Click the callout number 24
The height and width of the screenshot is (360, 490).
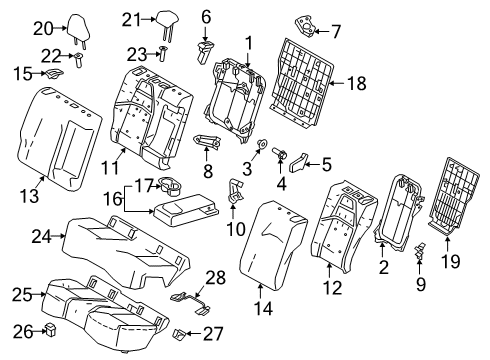(40, 237)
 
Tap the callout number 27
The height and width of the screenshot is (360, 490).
(214, 335)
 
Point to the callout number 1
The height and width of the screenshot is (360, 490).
(249, 43)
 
